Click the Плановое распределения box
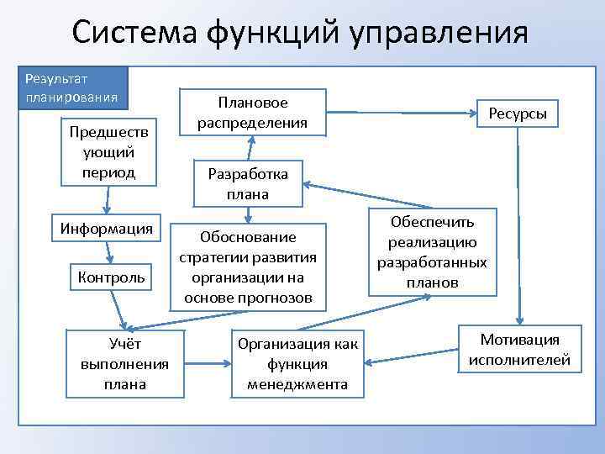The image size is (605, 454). (252, 113)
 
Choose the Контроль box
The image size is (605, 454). (111, 276)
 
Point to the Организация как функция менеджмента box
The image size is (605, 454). (297, 364)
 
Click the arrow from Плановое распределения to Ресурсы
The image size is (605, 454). (395, 110)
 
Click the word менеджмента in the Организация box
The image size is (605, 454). (297, 384)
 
